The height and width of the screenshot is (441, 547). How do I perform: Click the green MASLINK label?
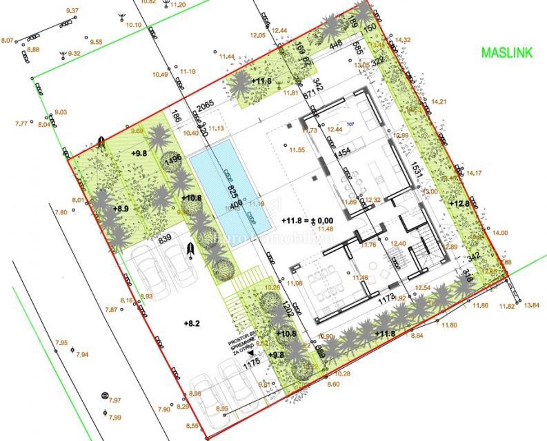pos(506,54)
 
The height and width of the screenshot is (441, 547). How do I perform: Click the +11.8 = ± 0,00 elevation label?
pos(310,220)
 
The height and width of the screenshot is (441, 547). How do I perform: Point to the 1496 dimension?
pos(173,160)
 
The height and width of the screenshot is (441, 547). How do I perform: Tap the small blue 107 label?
pos(350,124)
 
